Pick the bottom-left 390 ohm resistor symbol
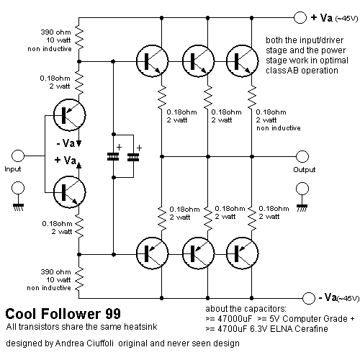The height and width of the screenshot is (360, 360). click(x=79, y=279)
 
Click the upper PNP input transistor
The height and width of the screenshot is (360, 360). click(x=69, y=115)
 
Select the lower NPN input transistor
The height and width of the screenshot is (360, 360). click(x=69, y=192)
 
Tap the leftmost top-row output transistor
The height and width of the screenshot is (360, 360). click(x=152, y=61)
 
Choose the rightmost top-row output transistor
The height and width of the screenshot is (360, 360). click(x=243, y=61)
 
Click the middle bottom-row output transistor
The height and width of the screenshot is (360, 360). click(x=198, y=253)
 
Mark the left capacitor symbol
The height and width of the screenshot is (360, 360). click(x=113, y=157)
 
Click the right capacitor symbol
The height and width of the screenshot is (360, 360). click(x=133, y=157)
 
